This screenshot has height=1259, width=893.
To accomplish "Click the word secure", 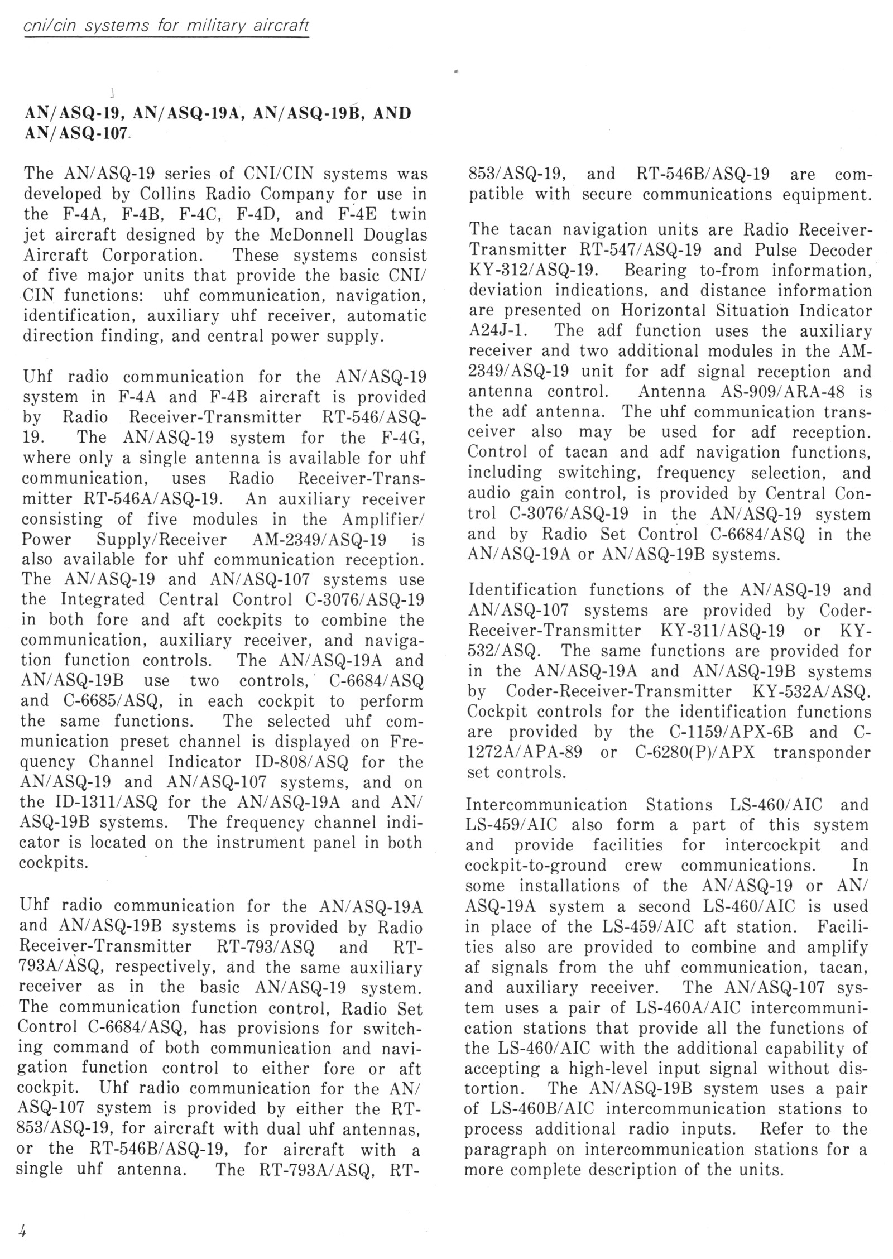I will (x=607, y=195).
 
